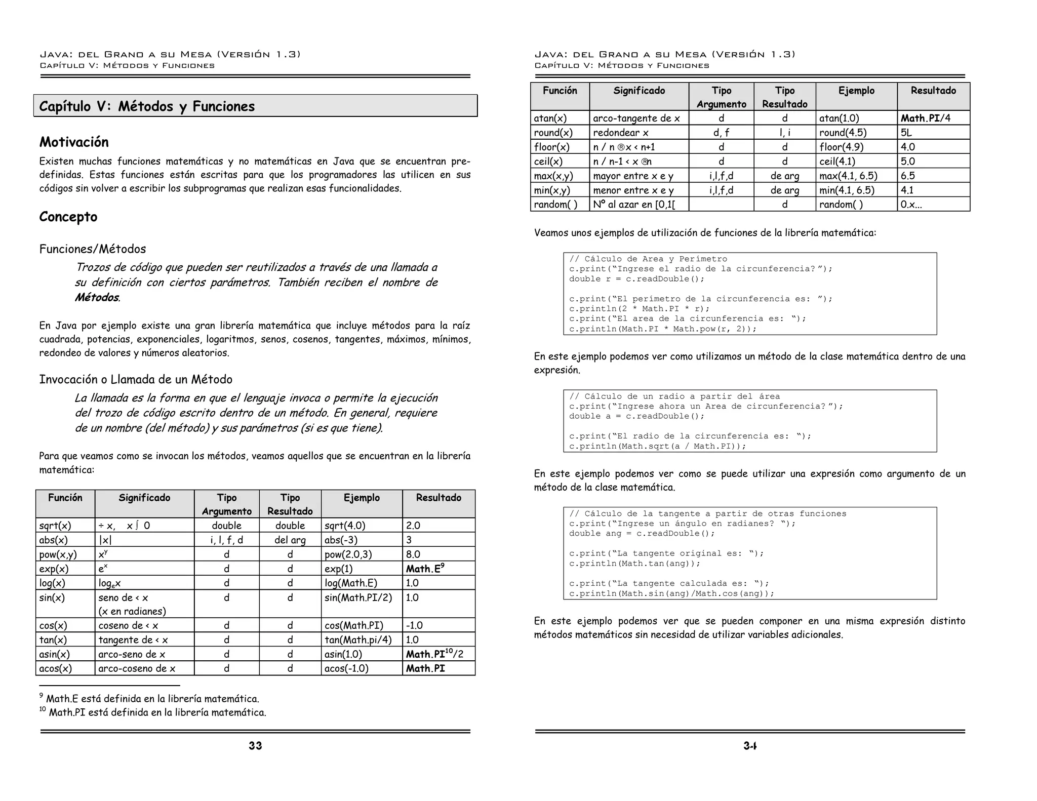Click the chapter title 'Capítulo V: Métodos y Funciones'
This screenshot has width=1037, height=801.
click(x=147, y=106)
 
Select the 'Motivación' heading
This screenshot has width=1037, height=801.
click(x=74, y=142)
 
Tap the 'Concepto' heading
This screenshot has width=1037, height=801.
click(x=68, y=217)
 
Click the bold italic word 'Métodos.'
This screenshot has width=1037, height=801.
click(x=97, y=297)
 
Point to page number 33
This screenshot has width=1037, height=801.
click(x=255, y=745)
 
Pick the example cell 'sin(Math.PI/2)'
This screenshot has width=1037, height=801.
click(x=358, y=597)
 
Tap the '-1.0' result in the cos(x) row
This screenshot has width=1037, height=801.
click(x=414, y=625)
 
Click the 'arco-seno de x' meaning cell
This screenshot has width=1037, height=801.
click(x=132, y=654)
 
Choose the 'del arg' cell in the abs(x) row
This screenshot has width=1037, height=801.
click(x=290, y=540)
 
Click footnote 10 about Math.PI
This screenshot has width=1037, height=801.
click(x=153, y=712)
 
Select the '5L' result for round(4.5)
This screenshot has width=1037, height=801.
click(x=906, y=133)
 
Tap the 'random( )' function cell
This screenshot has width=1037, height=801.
click(x=555, y=205)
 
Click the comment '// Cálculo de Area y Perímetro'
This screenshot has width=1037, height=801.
click(x=648, y=259)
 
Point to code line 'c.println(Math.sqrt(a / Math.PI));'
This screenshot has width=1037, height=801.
click(x=657, y=446)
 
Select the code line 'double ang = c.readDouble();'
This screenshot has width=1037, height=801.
click(x=642, y=533)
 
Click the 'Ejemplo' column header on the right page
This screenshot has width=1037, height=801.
click(x=856, y=91)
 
